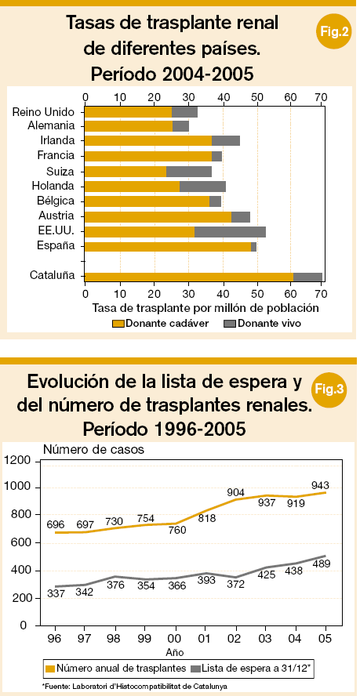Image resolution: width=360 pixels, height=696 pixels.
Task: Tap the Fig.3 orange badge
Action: pos(328,390)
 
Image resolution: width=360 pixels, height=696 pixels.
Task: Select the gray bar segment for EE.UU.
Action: pos(231,232)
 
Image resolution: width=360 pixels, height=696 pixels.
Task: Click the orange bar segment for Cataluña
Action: pos(189,277)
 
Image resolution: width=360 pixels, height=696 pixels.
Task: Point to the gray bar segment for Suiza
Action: pos(189,172)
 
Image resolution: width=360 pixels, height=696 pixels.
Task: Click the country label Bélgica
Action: pos(55,201)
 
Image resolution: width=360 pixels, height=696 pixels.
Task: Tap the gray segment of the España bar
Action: pos(254,247)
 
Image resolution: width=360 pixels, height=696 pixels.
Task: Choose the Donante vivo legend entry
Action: pos(261,324)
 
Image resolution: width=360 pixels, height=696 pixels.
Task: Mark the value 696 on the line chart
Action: pos(56,524)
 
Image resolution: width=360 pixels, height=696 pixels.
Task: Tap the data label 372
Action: pos(235,585)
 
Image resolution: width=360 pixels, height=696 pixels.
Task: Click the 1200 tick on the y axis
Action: pos(18,460)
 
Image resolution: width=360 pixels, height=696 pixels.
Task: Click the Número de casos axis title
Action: pos(94,449)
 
